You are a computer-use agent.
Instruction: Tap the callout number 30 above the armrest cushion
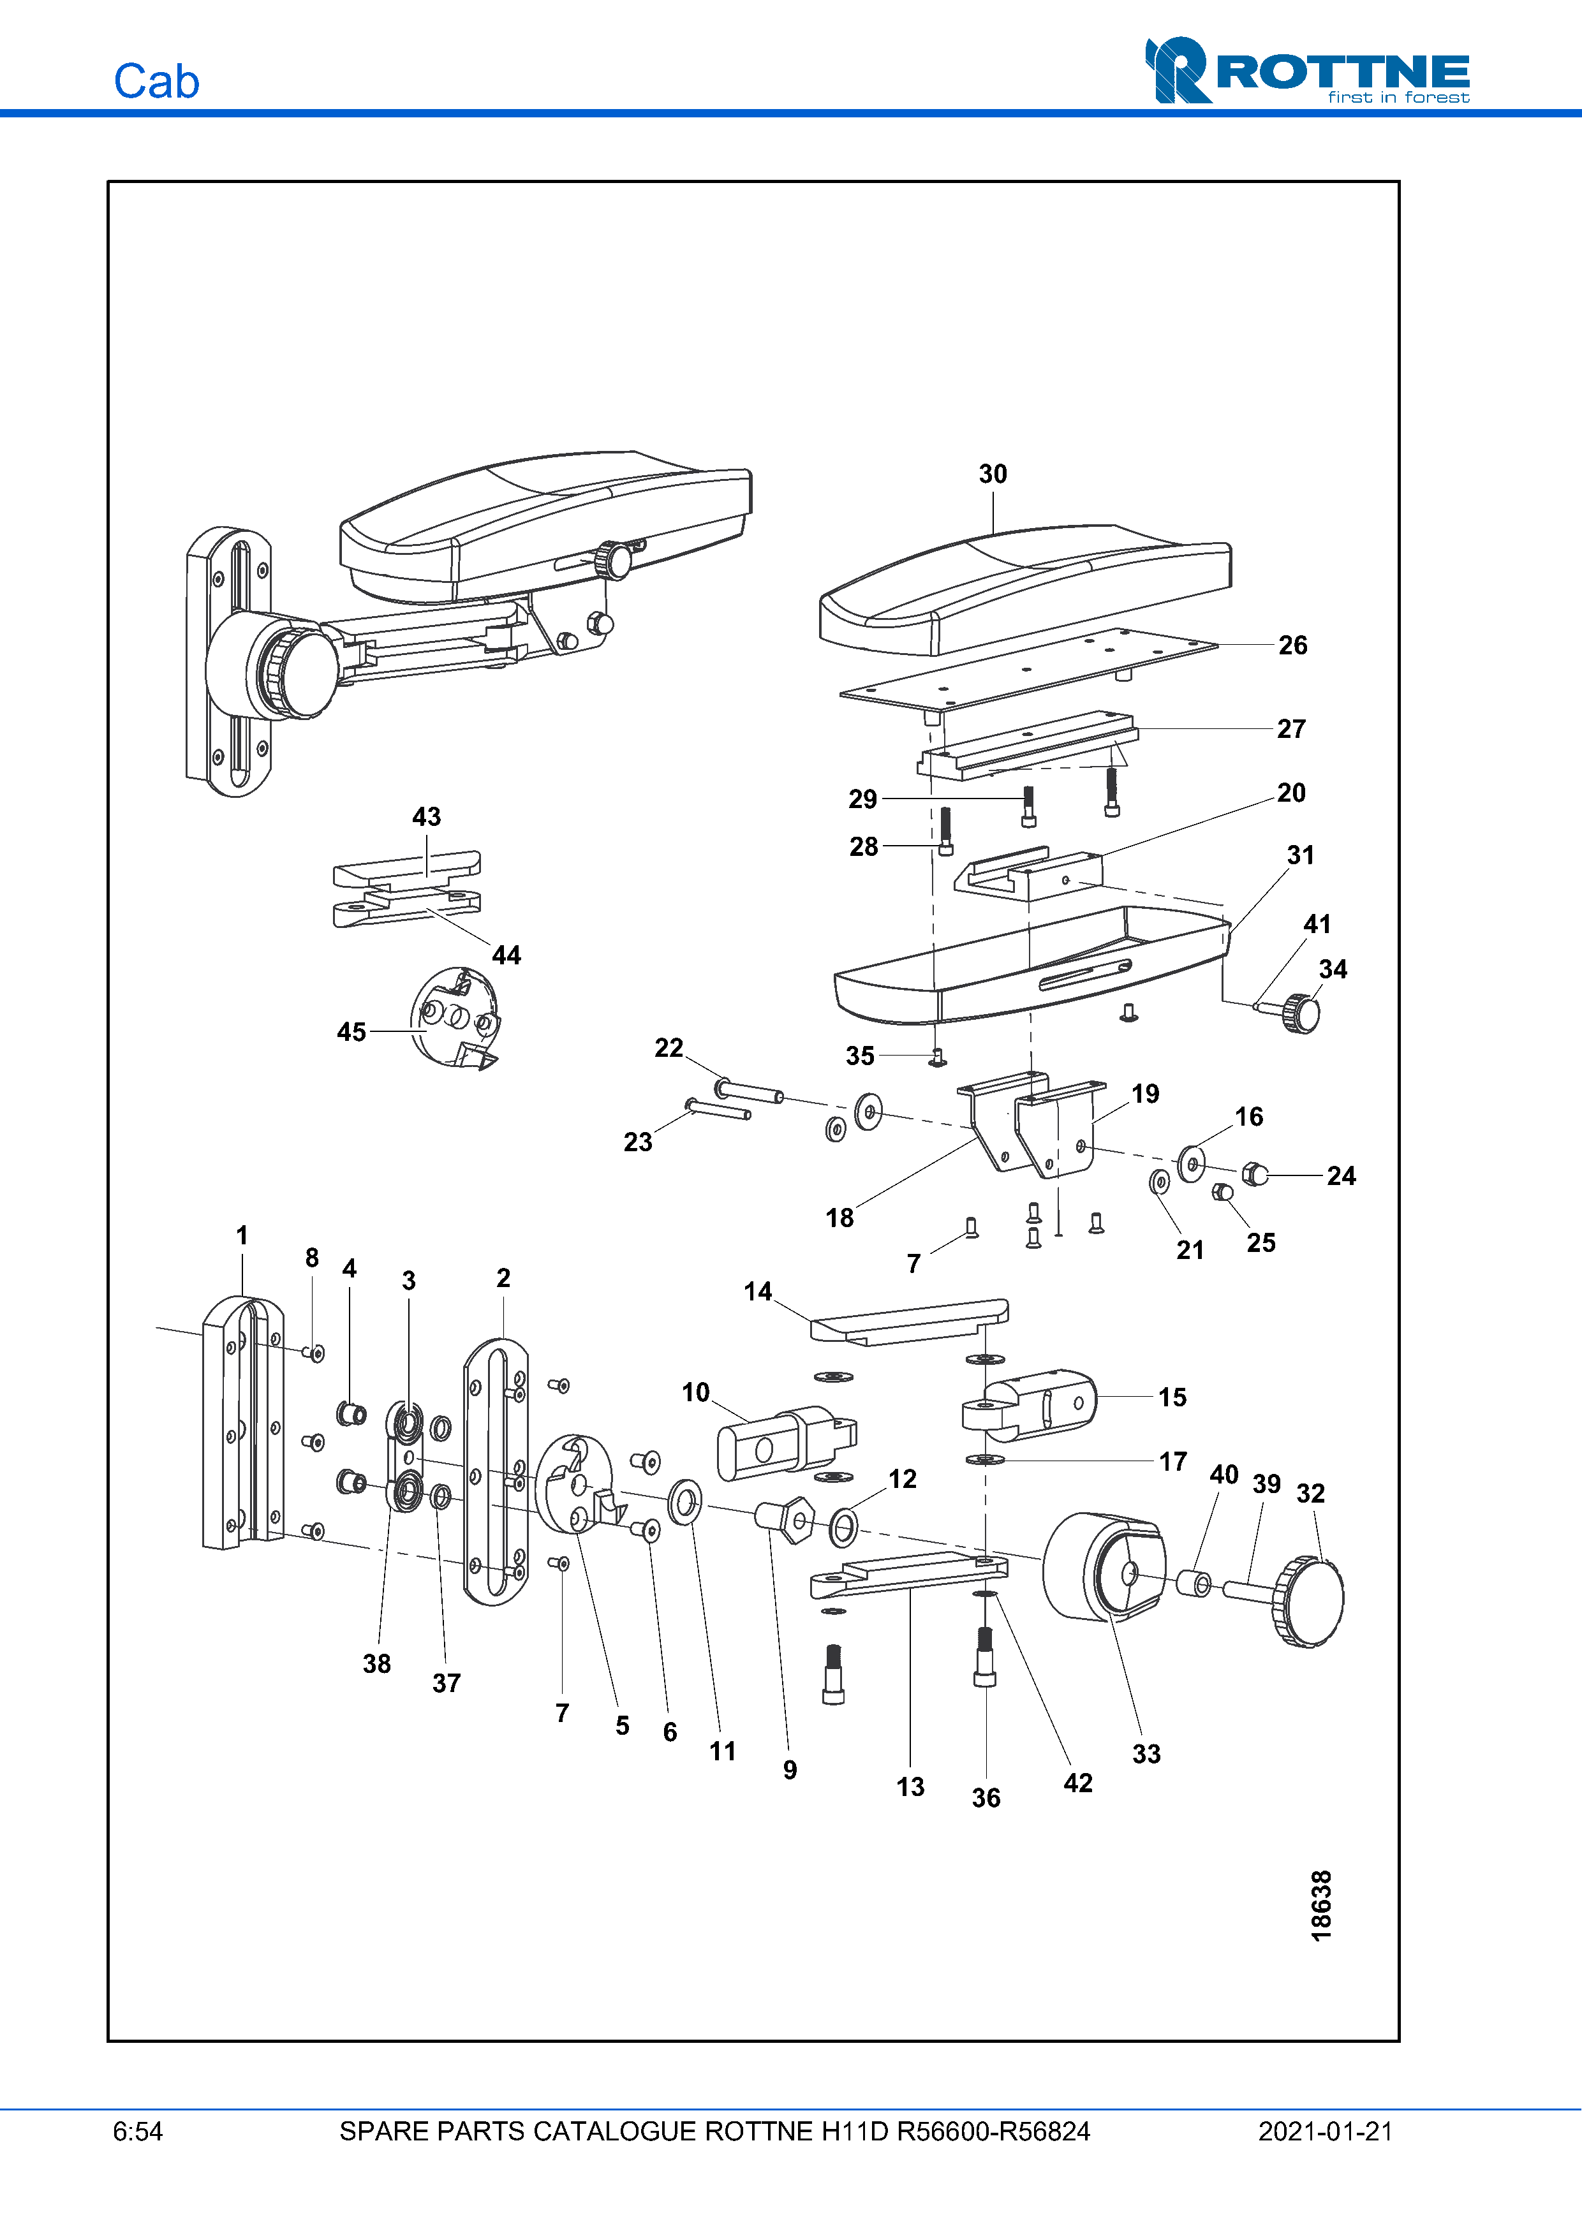point(993,474)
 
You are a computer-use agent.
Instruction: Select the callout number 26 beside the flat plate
point(1292,645)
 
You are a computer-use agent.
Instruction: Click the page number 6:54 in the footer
point(137,2131)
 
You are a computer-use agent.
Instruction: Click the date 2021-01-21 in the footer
point(1325,2131)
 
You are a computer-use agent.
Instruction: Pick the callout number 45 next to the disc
point(351,1031)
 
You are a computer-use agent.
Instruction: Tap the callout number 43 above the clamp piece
point(426,817)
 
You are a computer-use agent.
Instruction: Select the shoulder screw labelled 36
point(984,1659)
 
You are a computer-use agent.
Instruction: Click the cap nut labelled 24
point(1255,1175)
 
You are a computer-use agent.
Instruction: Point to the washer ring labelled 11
point(684,1502)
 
